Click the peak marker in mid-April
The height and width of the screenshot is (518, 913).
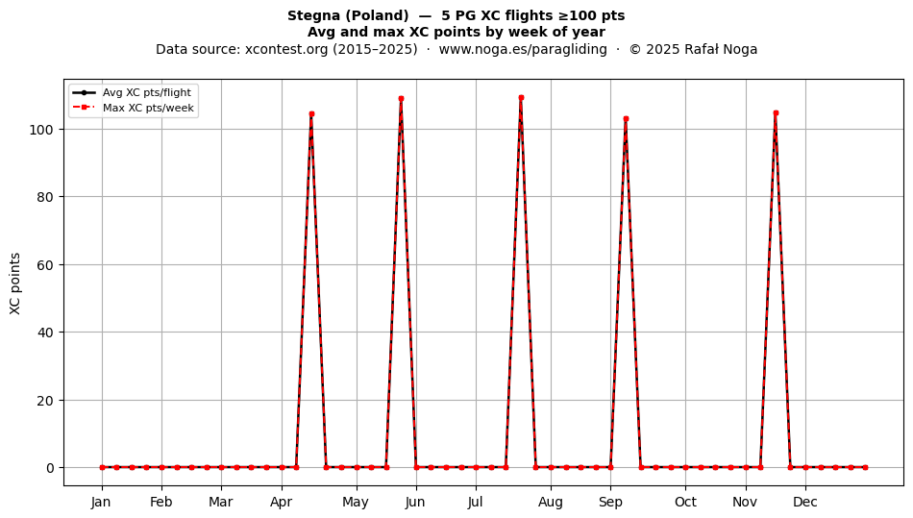[311, 114]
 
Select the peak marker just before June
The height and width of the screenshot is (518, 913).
[401, 99]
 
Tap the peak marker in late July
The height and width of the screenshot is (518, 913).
[521, 98]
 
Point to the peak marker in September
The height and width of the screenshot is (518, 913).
[626, 119]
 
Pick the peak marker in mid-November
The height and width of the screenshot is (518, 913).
[776, 113]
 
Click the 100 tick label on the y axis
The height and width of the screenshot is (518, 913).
[41, 129]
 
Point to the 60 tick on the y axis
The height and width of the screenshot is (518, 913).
[45, 265]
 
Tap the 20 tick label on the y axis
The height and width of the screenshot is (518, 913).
[45, 401]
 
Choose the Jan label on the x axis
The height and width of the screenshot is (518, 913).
[101, 502]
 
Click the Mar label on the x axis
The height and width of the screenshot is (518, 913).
[221, 502]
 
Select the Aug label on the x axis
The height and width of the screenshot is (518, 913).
[551, 503]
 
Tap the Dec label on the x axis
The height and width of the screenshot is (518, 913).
[805, 502]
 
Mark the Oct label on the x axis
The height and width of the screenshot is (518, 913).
[685, 502]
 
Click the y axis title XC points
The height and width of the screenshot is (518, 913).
[15, 284]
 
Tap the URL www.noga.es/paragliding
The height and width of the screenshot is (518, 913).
[523, 49]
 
